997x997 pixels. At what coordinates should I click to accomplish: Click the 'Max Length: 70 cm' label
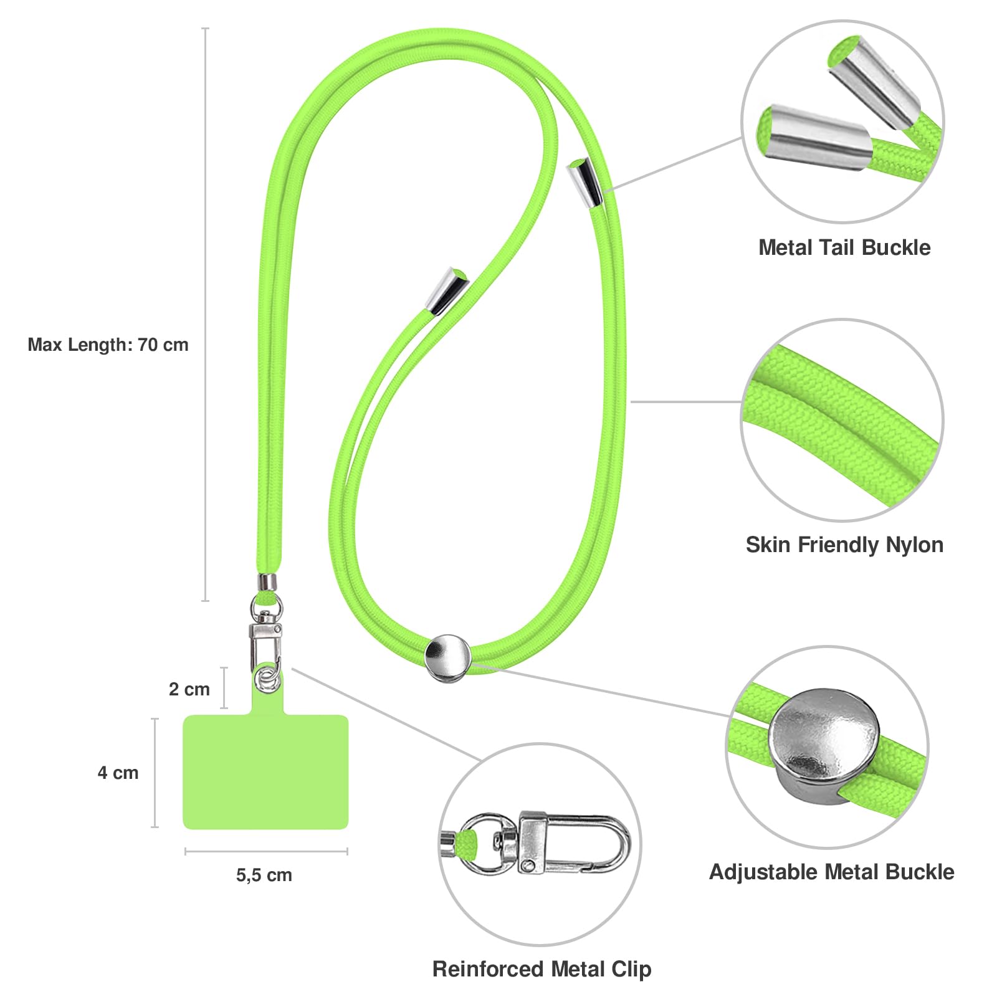point(108,345)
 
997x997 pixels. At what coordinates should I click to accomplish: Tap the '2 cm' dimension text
point(189,689)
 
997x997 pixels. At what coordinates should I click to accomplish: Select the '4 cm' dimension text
point(118,773)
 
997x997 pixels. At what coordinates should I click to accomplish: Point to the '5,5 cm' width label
point(264,875)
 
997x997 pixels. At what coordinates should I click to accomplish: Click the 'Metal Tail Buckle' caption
point(844,247)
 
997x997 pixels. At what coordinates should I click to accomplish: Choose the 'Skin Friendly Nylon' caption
point(844,545)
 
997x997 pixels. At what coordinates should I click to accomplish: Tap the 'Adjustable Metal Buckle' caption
point(832,872)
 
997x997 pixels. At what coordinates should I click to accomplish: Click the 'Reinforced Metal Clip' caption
point(541,969)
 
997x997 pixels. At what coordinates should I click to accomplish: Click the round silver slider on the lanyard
point(447,658)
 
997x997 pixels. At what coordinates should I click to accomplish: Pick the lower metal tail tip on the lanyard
point(447,290)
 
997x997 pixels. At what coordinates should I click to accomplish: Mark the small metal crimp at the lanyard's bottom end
point(268,582)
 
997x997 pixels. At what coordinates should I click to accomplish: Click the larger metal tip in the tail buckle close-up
point(814,138)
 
